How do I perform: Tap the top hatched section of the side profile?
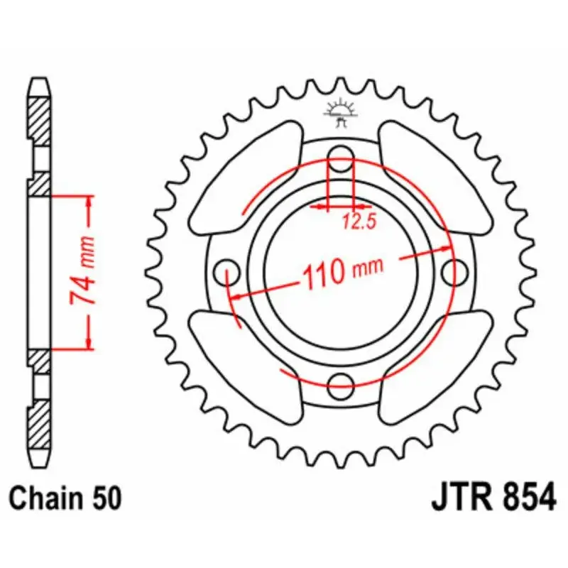point(40,118)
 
